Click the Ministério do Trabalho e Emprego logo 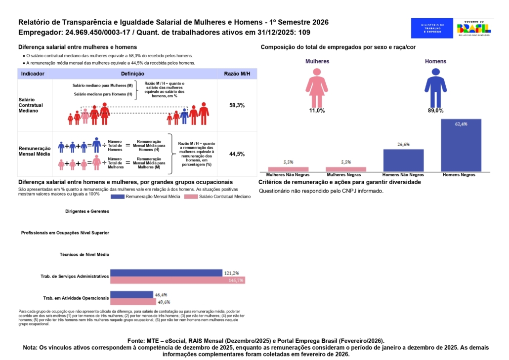click(x=432, y=28)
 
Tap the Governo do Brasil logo click(x=473, y=28)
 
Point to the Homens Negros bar click(x=461, y=145)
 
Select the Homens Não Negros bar click(x=403, y=160)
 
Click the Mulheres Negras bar click(x=345, y=169)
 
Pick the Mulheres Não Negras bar click(x=288, y=169)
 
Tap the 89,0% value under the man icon click(x=435, y=111)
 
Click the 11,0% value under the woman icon click(x=317, y=111)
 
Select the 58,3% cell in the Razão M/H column click(x=237, y=105)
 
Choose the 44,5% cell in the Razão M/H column click(x=237, y=154)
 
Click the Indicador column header click(x=33, y=74)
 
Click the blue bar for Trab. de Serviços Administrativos click(x=166, y=273)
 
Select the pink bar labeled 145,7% click(x=177, y=280)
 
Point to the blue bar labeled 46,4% click(x=131, y=294)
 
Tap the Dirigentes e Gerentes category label click(x=86, y=211)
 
